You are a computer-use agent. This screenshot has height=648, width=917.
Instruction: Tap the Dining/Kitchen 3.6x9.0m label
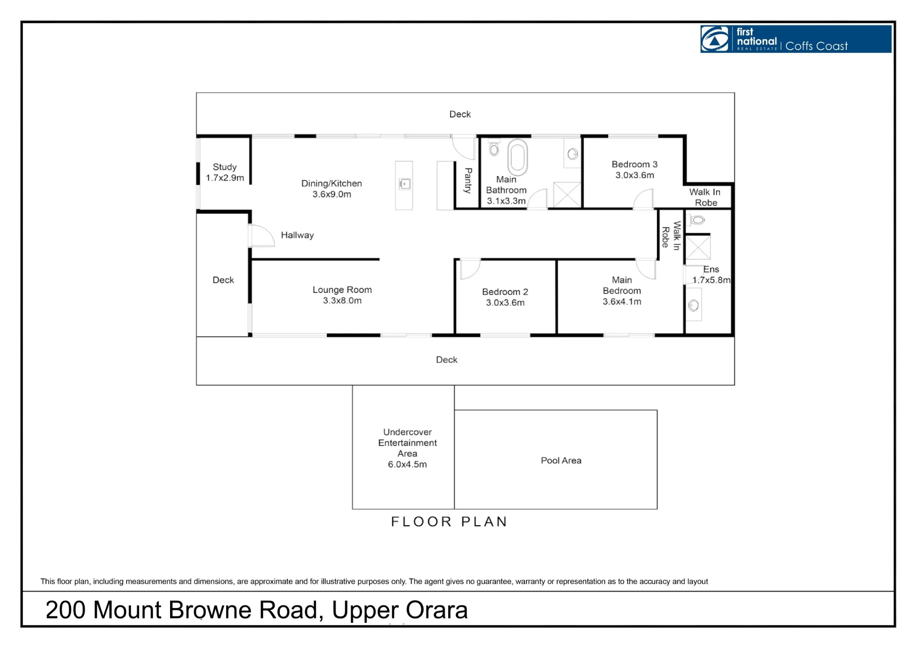click(331, 189)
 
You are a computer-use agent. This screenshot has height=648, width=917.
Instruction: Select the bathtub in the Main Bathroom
click(518, 157)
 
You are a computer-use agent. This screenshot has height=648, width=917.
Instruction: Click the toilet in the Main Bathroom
click(494, 148)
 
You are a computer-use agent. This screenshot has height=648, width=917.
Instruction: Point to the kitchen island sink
click(405, 184)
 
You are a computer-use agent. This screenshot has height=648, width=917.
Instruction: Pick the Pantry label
click(468, 181)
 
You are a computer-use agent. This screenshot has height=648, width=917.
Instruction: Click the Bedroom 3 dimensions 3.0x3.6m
click(635, 175)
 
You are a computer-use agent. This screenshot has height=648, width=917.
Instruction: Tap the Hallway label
click(297, 235)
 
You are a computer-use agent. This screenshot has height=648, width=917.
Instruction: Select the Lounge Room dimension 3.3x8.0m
click(342, 301)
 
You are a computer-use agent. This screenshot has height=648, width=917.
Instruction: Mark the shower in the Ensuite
click(698, 247)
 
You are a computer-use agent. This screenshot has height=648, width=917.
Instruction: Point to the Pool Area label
click(561, 461)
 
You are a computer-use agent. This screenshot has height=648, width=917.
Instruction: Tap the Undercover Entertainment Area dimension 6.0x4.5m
click(407, 464)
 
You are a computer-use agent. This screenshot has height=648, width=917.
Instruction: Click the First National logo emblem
click(715, 39)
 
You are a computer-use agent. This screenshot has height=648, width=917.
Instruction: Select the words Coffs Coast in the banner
click(817, 46)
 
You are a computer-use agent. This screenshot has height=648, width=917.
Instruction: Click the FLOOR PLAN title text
click(449, 522)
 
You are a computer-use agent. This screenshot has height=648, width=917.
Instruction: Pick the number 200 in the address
click(66, 610)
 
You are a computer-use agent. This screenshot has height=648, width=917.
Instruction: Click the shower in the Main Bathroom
click(567, 195)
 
